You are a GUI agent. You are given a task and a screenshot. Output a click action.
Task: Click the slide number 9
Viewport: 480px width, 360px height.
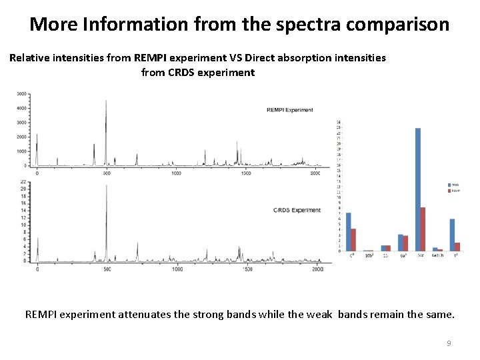[x=449, y=343]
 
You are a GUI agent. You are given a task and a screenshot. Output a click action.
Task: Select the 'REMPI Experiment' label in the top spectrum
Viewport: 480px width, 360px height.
[x=289, y=110]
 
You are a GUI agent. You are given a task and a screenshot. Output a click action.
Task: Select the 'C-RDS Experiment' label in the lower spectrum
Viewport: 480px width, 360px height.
[x=297, y=210]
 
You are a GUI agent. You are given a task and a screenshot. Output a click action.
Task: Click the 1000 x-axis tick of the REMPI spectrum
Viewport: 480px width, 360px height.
[x=176, y=173]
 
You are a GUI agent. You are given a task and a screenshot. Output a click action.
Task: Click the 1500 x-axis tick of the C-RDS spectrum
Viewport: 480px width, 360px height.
[x=247, y=269]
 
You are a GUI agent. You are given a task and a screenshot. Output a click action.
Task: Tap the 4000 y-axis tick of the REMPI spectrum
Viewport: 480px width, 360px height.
[x=21, y=108]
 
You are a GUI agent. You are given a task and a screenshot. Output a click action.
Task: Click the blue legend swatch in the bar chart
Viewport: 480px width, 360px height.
[x=449, y=184]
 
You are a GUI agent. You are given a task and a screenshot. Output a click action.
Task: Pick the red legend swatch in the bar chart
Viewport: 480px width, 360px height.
[x=449, y=191]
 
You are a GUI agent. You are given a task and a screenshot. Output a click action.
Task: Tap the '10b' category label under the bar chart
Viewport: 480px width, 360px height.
[x=369, y=255]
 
